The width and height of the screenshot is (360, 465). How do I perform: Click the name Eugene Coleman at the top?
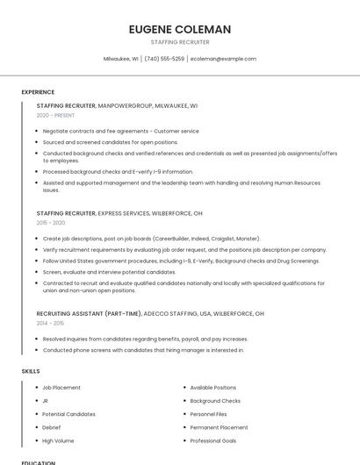[180, 29]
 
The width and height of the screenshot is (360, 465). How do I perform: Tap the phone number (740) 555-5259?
[164, 59]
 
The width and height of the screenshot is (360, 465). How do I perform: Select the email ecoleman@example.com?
[223, 59]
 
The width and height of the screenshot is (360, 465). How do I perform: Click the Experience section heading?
[38, 92]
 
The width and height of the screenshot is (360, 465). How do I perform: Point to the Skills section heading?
[31, 371]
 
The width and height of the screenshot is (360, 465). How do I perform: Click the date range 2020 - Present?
[55, 115]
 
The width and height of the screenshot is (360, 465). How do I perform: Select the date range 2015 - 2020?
[52, 223]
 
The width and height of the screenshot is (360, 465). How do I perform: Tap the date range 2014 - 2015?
[51, 323]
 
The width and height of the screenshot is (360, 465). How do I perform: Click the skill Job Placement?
[61, 387]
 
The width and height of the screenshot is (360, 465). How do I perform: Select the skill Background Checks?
[215, 400]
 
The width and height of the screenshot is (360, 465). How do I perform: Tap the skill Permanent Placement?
[220, 427]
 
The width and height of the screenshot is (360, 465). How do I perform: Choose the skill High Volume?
[58, 440]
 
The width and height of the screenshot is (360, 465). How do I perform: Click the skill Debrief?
[52, 427]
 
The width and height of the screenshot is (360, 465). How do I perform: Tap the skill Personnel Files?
[209, 414]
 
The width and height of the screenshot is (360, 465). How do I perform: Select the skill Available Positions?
[213, 387]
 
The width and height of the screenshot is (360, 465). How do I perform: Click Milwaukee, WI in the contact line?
[120, 59]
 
